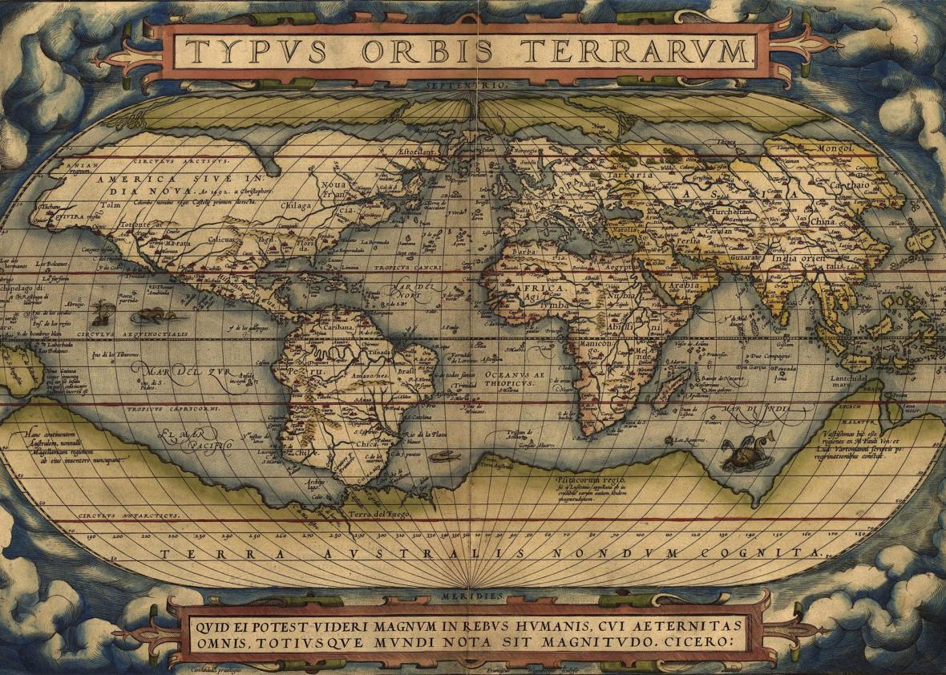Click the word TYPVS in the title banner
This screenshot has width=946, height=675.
257,51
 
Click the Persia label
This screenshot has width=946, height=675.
685,239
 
